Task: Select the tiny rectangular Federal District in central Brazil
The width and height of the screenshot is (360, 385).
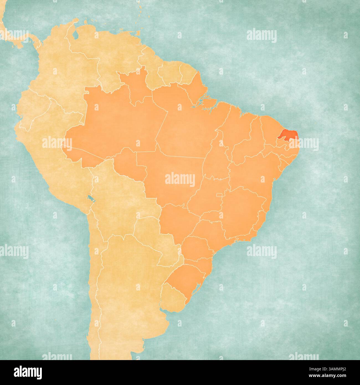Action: pos(219,195)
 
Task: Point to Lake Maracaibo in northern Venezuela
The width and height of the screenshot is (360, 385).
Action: pos(75,35)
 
